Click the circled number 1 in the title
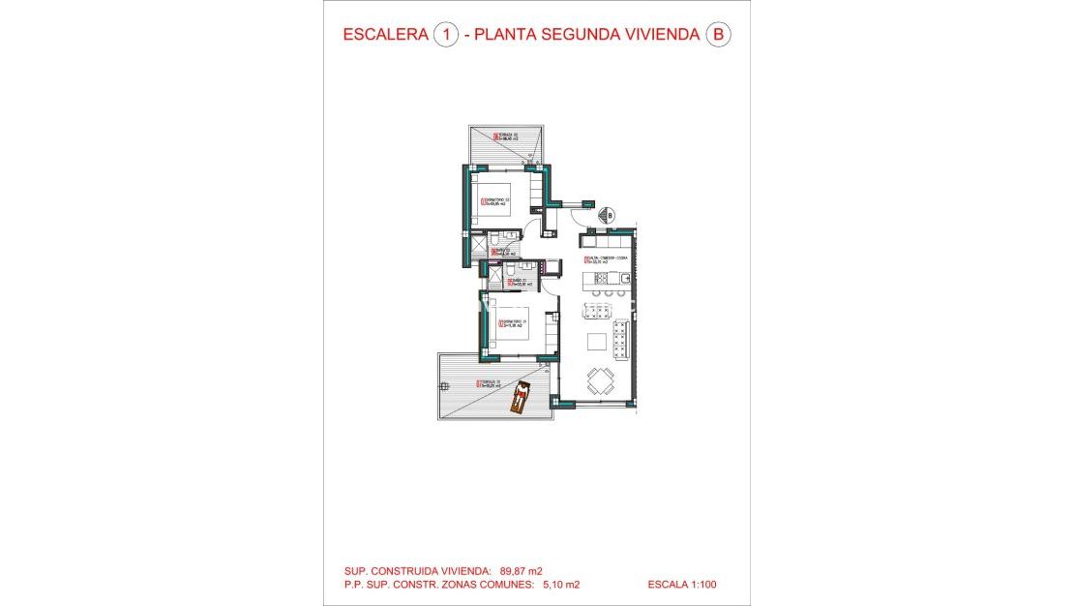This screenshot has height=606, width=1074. (x=446, y=35)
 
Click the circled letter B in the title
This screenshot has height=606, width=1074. (x=717, y=35)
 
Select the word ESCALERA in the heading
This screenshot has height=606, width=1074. (x=385, y=35)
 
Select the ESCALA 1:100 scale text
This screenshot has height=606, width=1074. (x=683, y=585)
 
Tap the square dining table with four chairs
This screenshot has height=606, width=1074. (x=600, y=379)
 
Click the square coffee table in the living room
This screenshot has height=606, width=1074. (x=597, y=341)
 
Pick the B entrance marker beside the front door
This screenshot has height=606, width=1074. (x=610, y=215)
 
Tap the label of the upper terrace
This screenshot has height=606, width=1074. (x=508, y=136)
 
